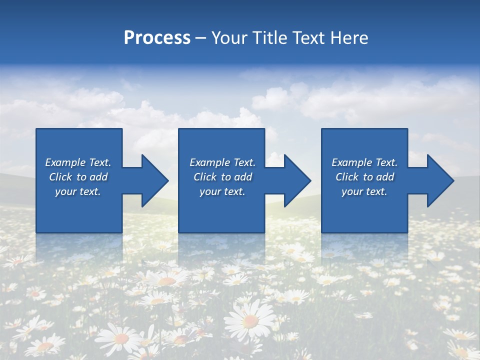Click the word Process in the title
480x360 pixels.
point(157,37)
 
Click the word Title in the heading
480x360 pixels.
point(270,37)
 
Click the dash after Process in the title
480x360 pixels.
point(200,38)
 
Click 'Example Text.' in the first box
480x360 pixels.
point(78,162)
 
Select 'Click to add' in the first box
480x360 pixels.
point(78,176)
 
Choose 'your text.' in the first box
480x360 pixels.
point(78,191)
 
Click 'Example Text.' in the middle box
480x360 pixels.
point(222,162)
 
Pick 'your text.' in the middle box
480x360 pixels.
point(222,191)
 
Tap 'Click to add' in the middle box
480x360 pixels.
point(222,176)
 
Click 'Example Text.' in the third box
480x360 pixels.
point(364,162)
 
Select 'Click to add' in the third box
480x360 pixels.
point(364,176)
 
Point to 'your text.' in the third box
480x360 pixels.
point(364,191)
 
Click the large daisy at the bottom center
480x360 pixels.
point(249,320)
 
